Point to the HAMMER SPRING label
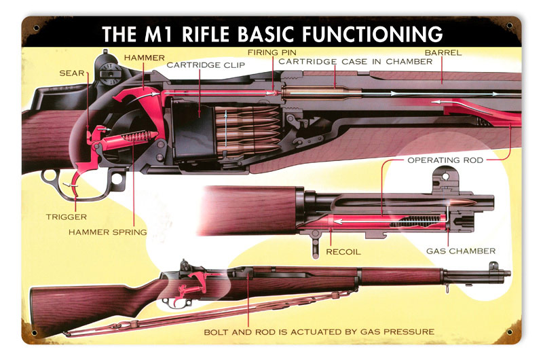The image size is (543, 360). [x=108, y=232]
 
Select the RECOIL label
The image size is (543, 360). [x=343, y=252]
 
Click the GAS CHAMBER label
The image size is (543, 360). [x=461, y=251]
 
